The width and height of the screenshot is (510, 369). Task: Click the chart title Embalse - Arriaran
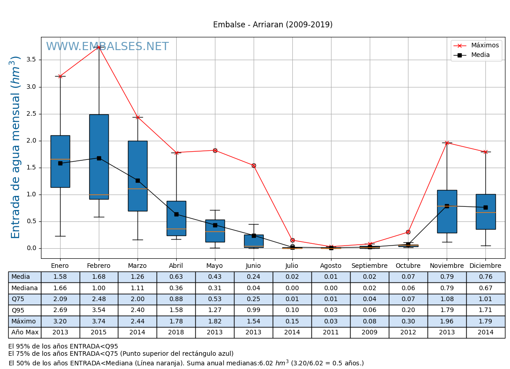273,25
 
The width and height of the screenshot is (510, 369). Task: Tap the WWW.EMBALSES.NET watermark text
107,47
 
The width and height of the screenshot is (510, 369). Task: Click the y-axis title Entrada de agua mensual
16,147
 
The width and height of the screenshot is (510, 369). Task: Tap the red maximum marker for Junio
254,165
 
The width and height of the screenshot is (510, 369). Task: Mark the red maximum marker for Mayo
215,150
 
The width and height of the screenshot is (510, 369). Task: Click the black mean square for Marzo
138,180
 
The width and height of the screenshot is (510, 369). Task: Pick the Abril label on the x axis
176,266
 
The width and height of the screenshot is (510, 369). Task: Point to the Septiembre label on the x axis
369,266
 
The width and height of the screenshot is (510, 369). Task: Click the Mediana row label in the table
25,288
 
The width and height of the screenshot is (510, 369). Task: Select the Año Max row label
25,333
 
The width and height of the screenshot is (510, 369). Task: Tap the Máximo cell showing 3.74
99,321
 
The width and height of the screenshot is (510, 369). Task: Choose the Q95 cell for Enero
60,310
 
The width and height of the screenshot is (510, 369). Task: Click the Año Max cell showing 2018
176,333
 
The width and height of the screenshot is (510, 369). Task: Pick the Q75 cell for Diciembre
485,299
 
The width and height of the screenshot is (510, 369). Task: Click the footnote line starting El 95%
63,347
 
